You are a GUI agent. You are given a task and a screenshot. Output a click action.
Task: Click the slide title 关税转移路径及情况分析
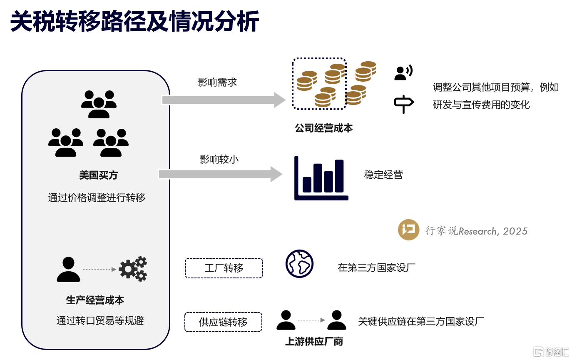134,21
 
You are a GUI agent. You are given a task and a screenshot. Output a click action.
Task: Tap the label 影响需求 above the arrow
217,82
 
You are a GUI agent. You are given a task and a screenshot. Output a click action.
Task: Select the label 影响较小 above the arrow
219,159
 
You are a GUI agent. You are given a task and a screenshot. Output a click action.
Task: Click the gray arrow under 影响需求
224,100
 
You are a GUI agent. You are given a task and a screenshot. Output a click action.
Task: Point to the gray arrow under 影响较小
220,174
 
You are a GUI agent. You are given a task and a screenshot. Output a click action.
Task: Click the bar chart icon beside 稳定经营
321,178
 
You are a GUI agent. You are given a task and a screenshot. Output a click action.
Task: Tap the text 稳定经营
383,175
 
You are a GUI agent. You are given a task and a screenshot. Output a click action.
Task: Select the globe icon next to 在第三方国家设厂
299,264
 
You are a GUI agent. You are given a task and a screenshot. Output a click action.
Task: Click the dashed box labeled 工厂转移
224,268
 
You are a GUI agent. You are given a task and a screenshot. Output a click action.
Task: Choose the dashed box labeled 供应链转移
223,322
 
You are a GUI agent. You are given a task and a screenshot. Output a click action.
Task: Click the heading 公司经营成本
323,128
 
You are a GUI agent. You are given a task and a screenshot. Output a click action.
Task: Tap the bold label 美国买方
98,175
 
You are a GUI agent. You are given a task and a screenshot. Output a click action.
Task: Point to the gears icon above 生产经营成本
133,269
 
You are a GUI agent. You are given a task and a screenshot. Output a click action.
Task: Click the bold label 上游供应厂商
314,341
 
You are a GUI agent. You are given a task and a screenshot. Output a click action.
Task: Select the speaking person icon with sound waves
403,72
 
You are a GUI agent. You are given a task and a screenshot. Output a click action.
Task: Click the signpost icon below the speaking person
404,104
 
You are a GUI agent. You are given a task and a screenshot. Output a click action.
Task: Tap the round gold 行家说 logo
408,230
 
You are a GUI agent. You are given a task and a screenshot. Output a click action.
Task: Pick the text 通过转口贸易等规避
100,320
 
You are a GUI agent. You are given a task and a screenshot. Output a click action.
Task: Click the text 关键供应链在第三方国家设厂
421,321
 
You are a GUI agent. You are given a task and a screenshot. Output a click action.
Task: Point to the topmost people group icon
99,104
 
